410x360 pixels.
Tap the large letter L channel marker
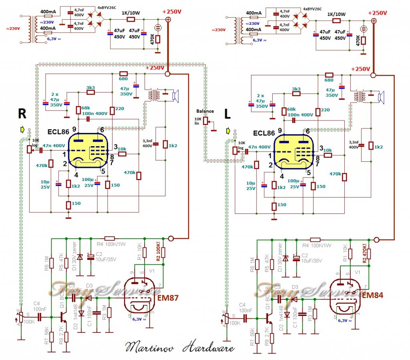pyautogui.click(x=227, y=114)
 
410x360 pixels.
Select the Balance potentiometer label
pyautogui.click(x=205, y=111)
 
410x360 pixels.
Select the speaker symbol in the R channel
pyautogui.click(x=175, y=96)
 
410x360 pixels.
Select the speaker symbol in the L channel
pyautogui.click(x=381, y=96)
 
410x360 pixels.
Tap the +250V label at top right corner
pyautogui.click(x=376, y=13)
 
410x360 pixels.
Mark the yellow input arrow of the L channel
pyautogui.click(x=228, y=131)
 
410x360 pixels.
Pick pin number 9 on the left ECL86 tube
pyautogui.click(x=74, y=129)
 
